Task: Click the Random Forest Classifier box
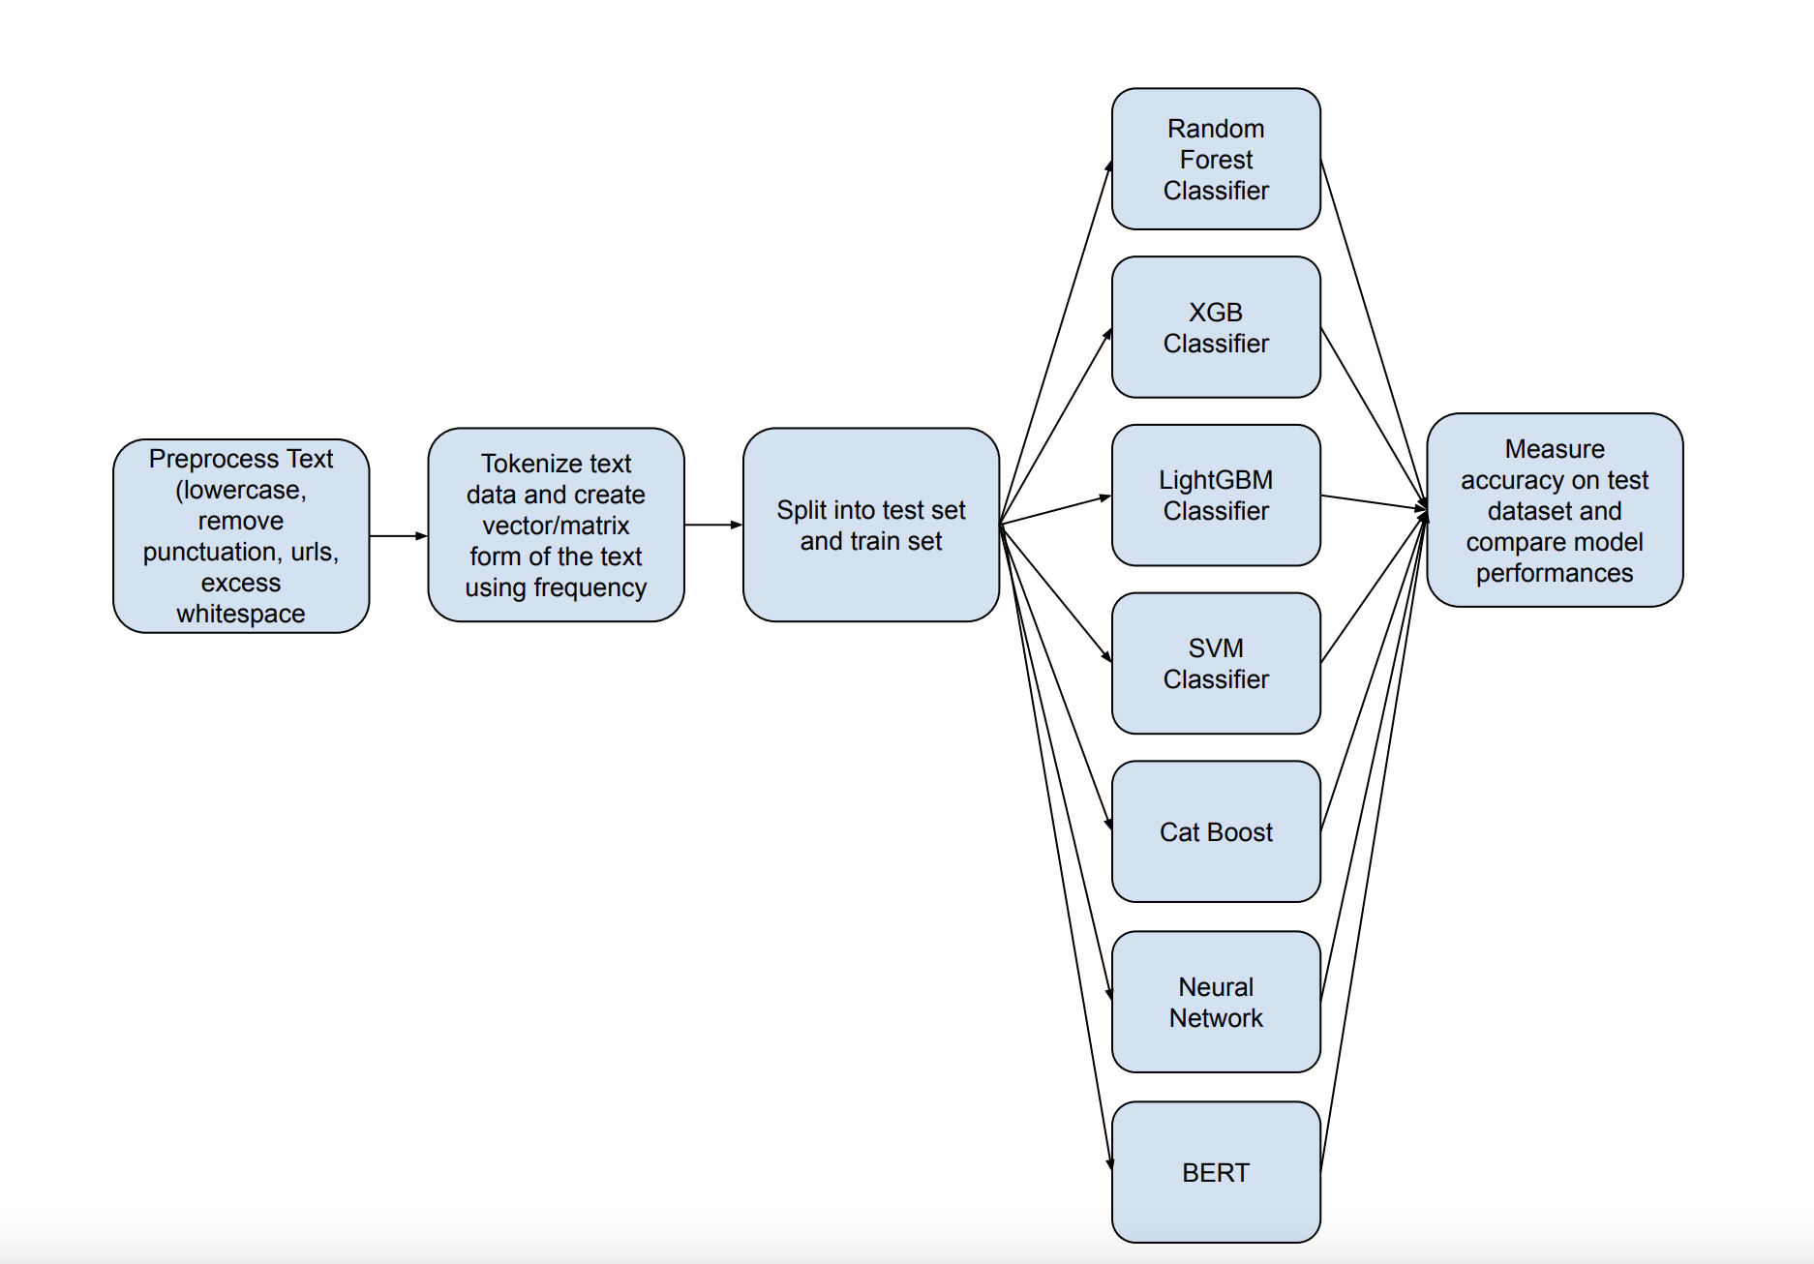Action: click(1216, 160)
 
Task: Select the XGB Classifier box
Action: click(1216, 327)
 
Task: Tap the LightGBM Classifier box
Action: click(1216, 496)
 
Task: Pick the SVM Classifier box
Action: click(1216, 664)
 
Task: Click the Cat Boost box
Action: click(1216, 832)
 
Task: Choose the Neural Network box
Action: click(1216, 1003)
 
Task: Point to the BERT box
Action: click(1216, 1173)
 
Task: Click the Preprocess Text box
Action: click(241, 536)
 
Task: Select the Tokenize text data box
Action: click(556, 525)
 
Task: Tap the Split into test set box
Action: click(870, 525)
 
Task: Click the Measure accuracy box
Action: click(1555, 511)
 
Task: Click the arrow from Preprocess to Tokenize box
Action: click(398, 535)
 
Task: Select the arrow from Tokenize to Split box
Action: click(713, 525)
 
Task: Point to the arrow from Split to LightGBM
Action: click(1055, 510)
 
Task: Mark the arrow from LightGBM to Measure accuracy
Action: click(1375, 502)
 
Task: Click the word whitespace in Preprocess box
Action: click(241, 614)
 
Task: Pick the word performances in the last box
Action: click(1555, 573)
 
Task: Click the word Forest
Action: click(1216, 160)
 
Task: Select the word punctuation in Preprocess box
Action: click(210, 552)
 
